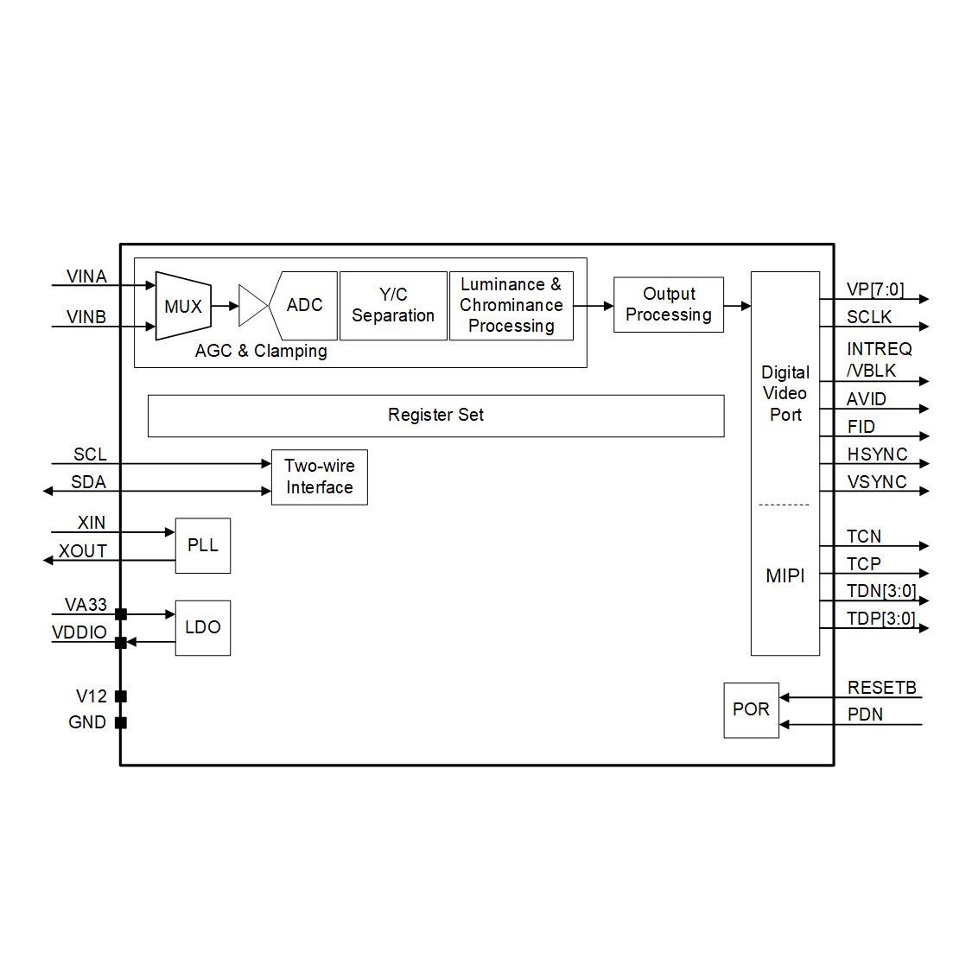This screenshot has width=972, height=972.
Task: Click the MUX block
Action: tap(183, 307)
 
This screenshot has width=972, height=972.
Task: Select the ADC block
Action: tap(304, 306)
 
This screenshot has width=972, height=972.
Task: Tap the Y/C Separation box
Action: tap(393, 306)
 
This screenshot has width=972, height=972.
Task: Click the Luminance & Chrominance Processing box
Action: tap(511, 306)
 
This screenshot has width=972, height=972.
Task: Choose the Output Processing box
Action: tap(668, 305)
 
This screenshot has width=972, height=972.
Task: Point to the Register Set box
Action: tap(435, 416)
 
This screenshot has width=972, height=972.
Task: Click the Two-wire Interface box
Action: tap(319, 477)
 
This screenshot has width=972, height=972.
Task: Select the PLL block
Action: tap(203, 545)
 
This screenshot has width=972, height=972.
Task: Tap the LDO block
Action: tap(203, 627)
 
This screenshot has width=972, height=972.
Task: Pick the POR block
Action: tap(751, 709)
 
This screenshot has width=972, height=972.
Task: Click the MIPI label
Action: tap(785, 575)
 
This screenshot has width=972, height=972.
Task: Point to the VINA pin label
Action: tap(86, 276)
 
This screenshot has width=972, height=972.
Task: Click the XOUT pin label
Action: tap(83, 551)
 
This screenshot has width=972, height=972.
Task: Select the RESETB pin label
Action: tap(881, 688)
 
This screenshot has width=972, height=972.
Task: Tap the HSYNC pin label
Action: tap(877, 454)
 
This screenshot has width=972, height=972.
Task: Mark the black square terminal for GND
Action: tap(121, 722)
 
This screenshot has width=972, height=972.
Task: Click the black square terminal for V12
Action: tap(121, 696)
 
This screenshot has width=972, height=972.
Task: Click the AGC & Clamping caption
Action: tap(261, 351)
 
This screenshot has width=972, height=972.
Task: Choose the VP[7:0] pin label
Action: tap(875, 289)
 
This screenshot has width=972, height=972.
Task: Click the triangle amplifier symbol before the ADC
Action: tap(251, 306)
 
